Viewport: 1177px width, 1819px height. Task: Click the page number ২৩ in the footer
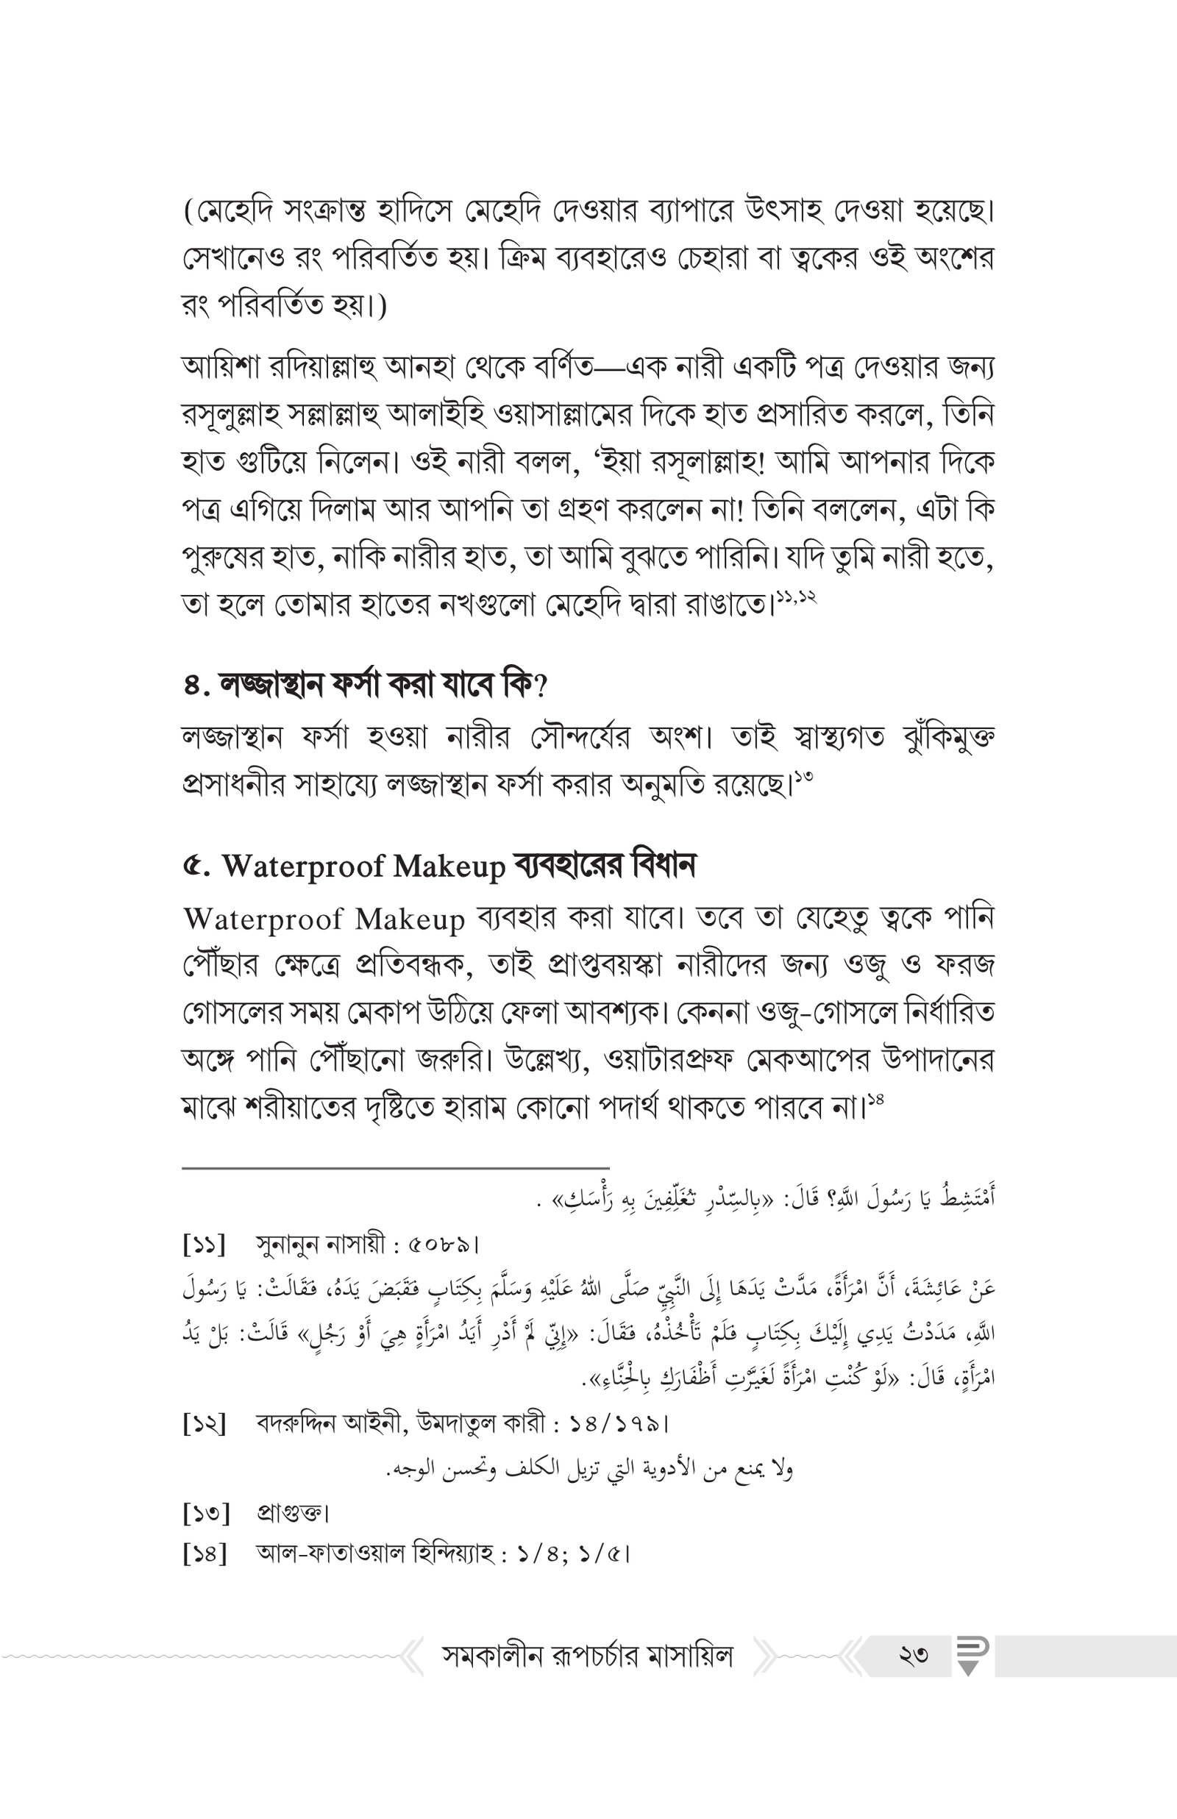(x=914, y=1656)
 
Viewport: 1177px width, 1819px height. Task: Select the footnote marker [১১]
(x=205, y=1245)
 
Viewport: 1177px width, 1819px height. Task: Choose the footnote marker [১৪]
(x=205, y=1553)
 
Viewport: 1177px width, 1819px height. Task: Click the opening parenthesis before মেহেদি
(x=189, y=212)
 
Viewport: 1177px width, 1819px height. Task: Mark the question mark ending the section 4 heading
(x=541, y=686)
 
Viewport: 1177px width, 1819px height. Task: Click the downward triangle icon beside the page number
(x=968, y=1668)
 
